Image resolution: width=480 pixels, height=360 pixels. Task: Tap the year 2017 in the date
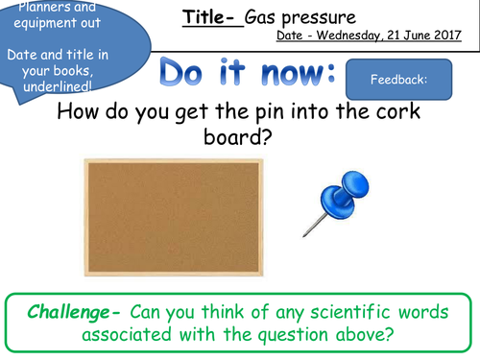pyautogui.click(x=444, y=36)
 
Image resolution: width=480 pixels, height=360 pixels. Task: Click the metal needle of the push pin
pyautogui.click(x=314, y=228)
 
